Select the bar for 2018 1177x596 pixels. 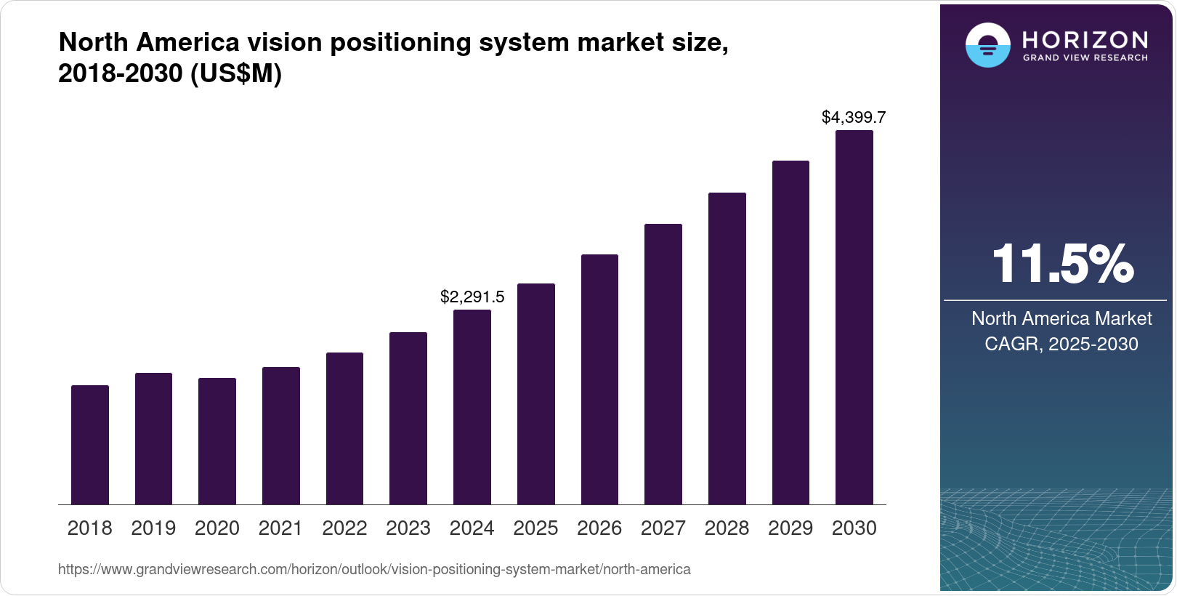click(x=90, y=445)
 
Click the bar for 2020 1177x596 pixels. click(x=217, y=441)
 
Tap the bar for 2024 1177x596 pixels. click(x=472, y=407)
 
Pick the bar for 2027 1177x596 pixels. click(x=663, y=364)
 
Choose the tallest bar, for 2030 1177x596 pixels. click(x=854, y=318)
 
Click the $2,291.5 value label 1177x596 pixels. click(x=472, y=297)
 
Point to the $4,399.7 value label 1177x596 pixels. click(x=854, y=117)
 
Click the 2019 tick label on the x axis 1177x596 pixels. click(x=153, y=528)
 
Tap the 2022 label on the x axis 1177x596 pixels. click(x=344, y=528)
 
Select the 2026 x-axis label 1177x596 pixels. click(x=599, y=528)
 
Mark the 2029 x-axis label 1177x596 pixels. click(x=790, y=528)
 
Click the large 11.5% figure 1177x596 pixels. click(x=1061, y=264)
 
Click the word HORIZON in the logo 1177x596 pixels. click(x=1085, y=39)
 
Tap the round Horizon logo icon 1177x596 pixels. click(x=987, y=45)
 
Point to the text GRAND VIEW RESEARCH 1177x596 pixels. click(x=1085, y=58)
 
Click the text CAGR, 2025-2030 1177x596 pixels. click(x=1061, y=344)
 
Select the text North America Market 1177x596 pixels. click(x=1061, y=318)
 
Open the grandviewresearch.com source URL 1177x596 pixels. click(x=374, y=570)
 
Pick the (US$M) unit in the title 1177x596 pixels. click(x=236, y=74)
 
